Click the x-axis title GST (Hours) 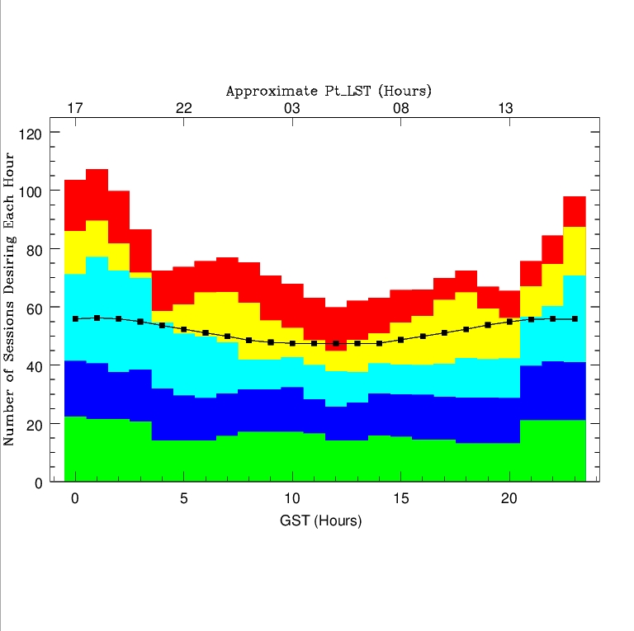point(320,521)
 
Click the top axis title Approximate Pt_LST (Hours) point(329,91)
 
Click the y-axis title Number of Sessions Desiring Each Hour point(10,299)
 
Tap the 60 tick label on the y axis point(32,308)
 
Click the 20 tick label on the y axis point(32,424)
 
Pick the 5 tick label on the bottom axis point(183,499)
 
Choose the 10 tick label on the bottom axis point(291,499)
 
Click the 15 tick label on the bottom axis point(400,499)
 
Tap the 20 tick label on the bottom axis point(509,499)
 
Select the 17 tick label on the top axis point(75,109)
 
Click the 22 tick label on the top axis point(183,109)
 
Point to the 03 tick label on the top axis point(291,109)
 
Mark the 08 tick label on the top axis point(400,109)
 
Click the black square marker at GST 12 point(336,343)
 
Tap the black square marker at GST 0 point(75,318)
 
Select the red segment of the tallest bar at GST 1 point(97,195)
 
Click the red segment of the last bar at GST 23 point(575,211)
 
